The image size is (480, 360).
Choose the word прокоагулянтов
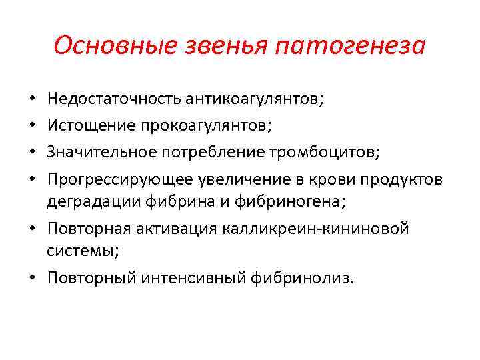coord(188,124)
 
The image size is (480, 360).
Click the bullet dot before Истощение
coord(33,125)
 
